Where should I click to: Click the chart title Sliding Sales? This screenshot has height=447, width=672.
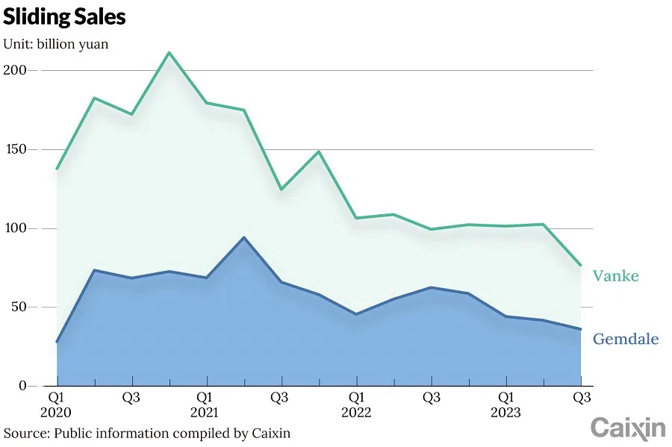(64, 17)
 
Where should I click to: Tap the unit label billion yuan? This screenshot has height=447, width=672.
(56, 44)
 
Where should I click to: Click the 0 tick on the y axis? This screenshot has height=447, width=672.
(22, 386)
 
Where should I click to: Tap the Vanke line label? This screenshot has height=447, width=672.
(615, 276)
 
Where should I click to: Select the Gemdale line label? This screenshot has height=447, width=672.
(626, 340)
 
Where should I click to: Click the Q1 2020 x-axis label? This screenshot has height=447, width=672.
(56, 404)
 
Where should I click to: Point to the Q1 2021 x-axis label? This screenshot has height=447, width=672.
(205, 404)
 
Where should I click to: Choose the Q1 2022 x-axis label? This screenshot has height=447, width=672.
(356, 404)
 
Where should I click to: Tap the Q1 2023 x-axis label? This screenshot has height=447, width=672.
(505, 404)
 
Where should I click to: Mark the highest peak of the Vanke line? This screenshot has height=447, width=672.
(169, 52)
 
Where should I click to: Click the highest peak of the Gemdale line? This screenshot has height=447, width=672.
(243, 238)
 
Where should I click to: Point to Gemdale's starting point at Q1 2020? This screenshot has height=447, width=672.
(57, 342)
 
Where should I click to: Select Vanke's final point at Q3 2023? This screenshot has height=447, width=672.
(580, 265)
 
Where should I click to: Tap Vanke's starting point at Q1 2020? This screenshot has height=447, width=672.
(57, 169)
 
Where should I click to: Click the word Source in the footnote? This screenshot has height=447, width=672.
(23, 433)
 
